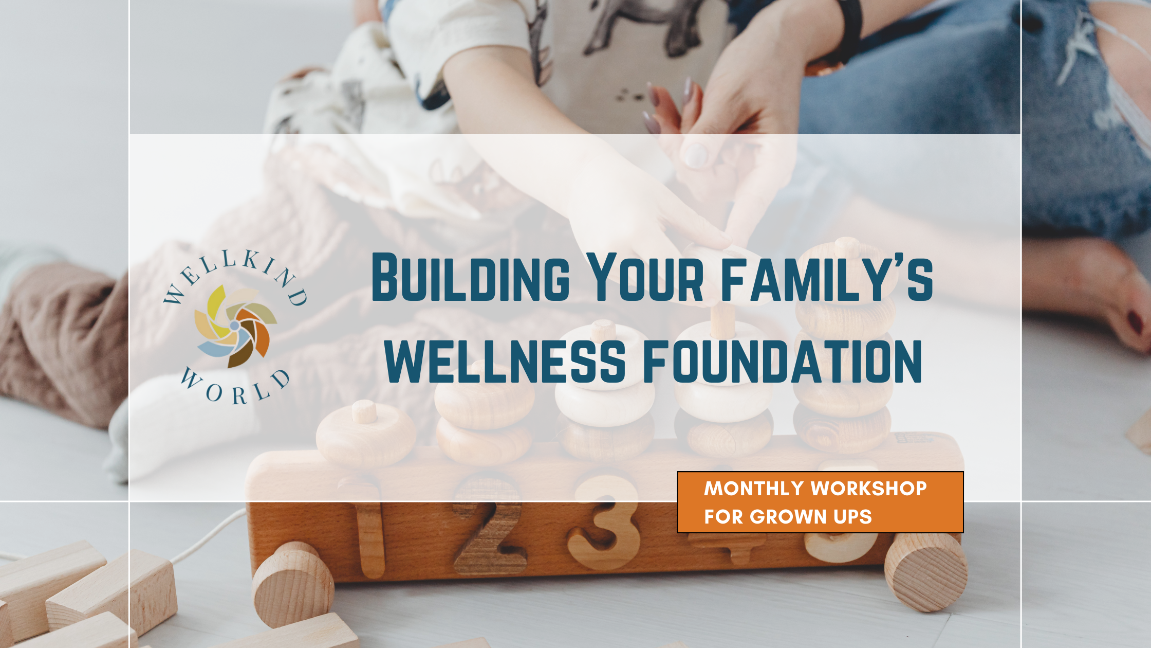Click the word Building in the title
[470, 277]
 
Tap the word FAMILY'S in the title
[827, 277]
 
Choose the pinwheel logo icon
[235, 326]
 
